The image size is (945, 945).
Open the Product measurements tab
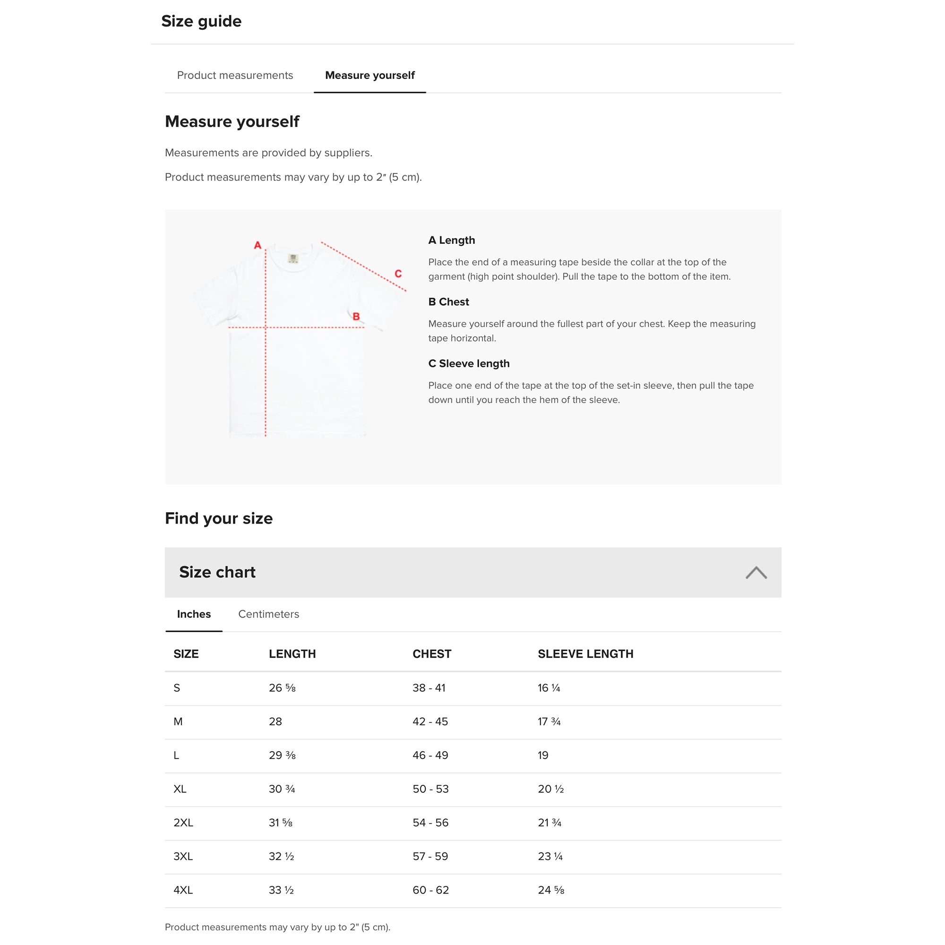click(235, 75)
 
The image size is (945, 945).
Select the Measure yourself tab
click(370, 75)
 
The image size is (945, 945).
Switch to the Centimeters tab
click(268, 614)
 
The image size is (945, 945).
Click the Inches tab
click(194, 614)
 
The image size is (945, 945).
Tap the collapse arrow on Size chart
click(756, 572)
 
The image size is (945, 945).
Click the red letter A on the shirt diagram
click(258, 245)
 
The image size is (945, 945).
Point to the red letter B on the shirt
click(356, 317)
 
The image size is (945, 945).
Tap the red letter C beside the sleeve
click(398, 274)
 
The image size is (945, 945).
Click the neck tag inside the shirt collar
click(293, 258)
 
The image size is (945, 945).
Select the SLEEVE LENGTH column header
click(585, 654)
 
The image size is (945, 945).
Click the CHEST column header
click(432, 654)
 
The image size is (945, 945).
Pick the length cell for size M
click(275, 722)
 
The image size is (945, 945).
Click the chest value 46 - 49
click(430, 755)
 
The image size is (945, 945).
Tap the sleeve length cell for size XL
click(551, 789)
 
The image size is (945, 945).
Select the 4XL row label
click(183, 890)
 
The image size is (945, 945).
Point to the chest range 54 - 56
click(430, 823)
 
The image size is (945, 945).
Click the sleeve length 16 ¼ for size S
click(549, 687)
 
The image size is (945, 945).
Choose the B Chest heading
click(448, 302)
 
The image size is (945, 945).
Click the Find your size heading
click(219, 518)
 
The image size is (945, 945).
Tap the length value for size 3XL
click(281, 857)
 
